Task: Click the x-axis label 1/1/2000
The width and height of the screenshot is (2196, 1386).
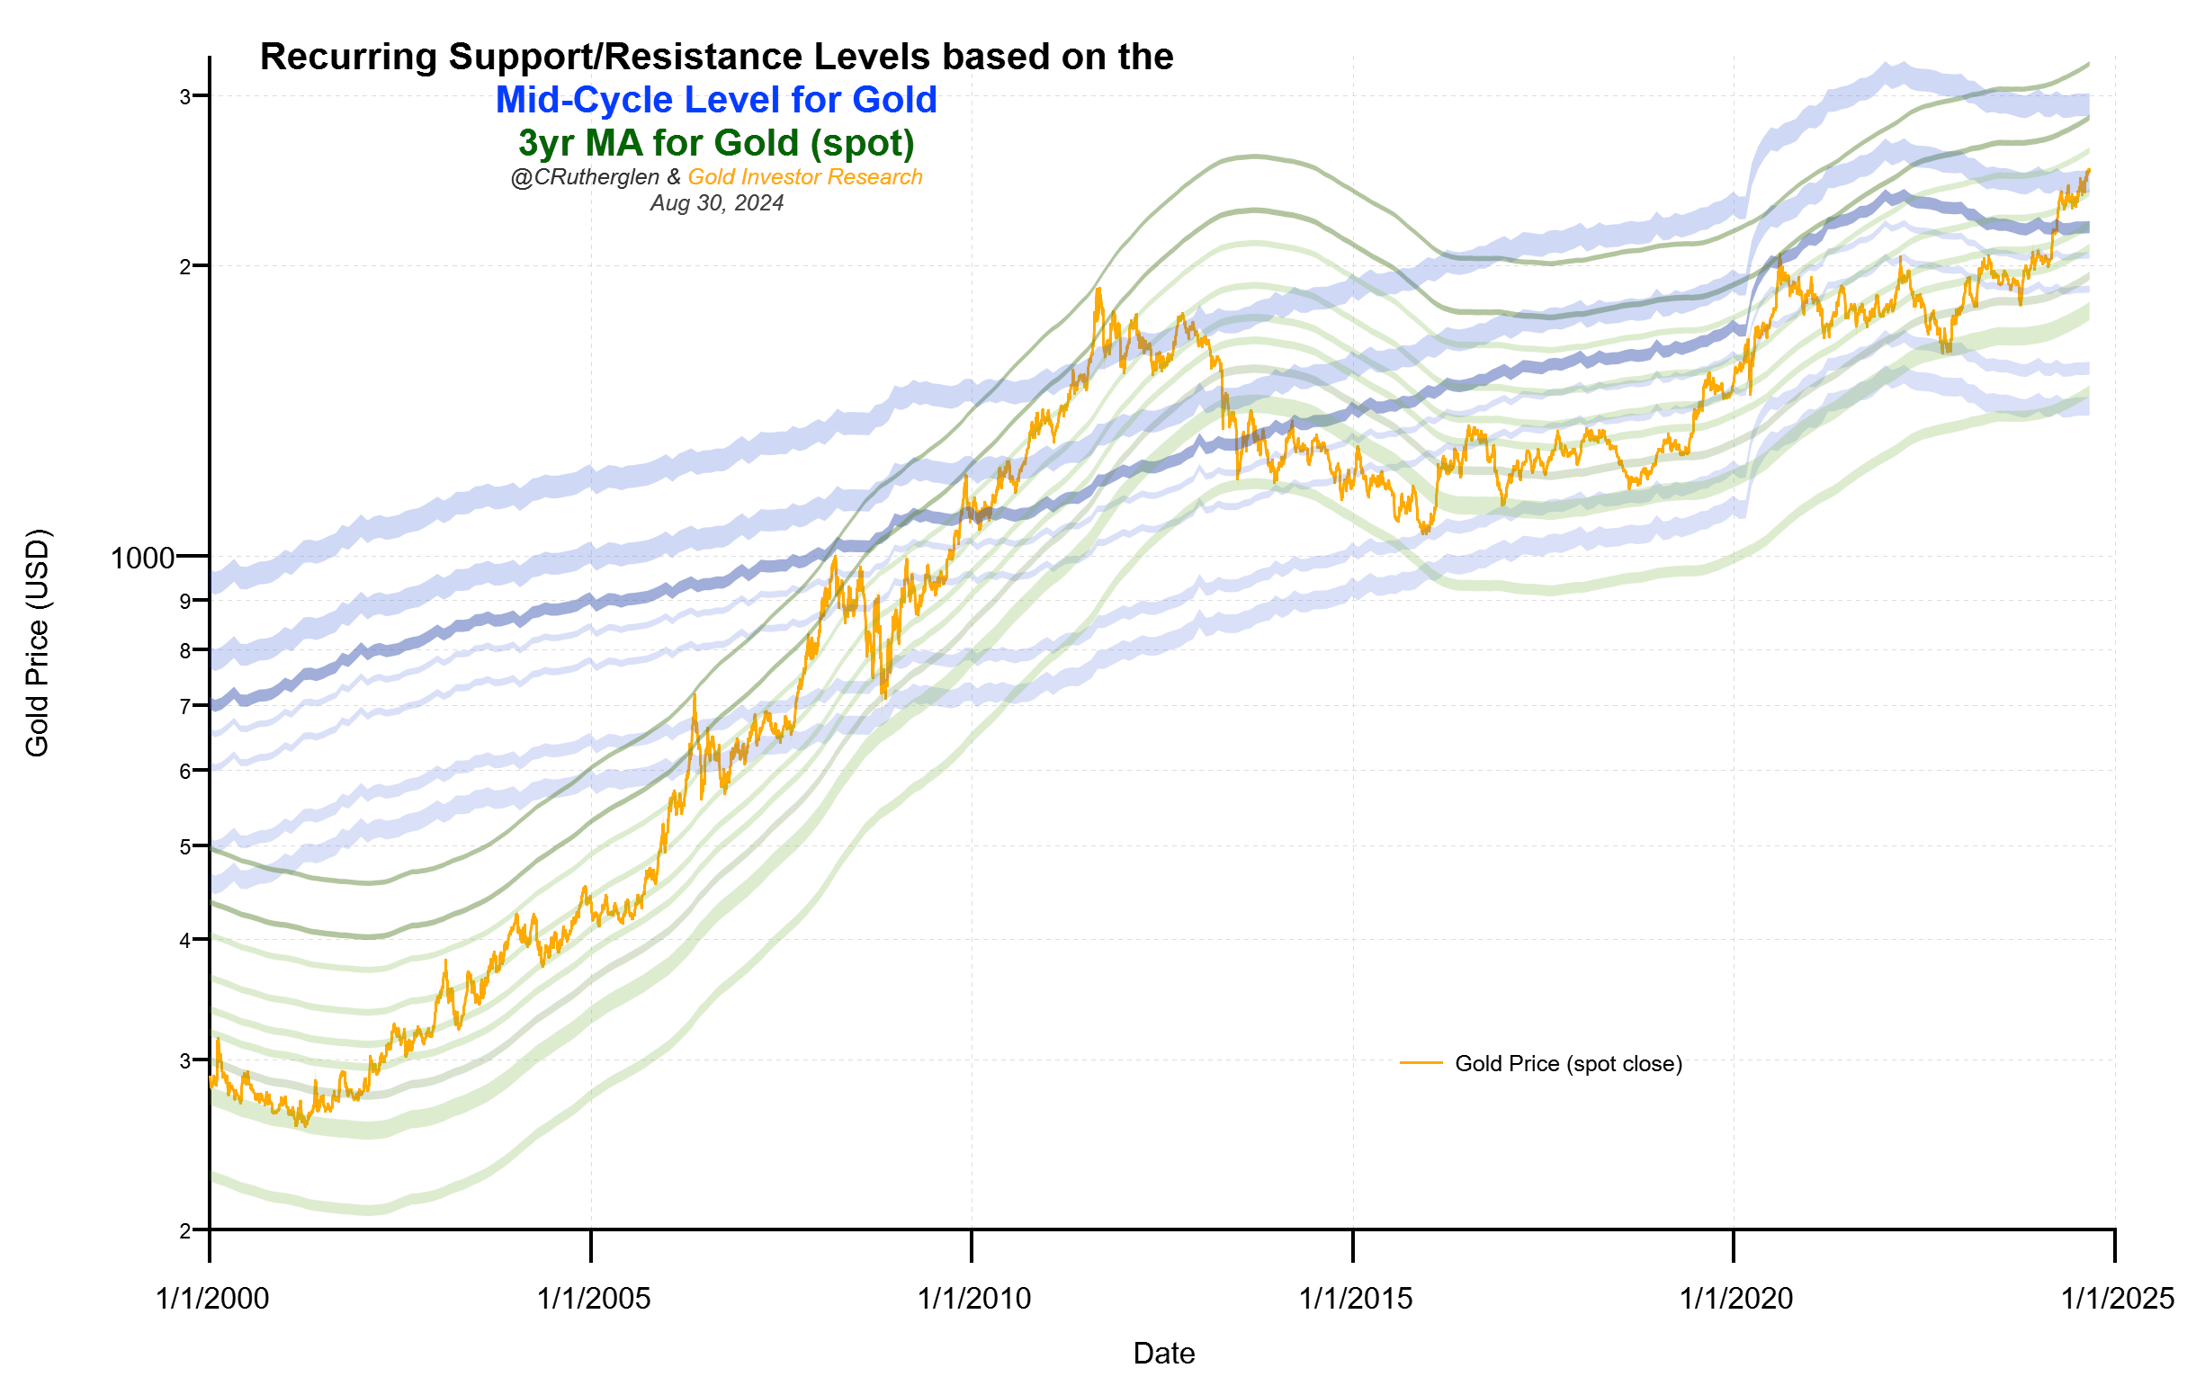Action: [x=212, y=1299]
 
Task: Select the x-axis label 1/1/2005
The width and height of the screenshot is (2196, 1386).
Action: [x=594, y=1299]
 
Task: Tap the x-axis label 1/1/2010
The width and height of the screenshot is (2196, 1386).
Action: [x=974, y=1299]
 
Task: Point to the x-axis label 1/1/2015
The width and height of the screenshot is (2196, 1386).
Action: [x=1355, y=1299]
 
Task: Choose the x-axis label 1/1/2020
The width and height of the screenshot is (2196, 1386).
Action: [x=1735, y=1299]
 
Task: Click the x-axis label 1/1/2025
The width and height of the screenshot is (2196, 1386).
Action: [x=2117, y=1299]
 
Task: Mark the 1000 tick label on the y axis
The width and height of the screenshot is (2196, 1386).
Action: [x=142, y=558]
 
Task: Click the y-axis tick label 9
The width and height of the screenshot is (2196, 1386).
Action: [x=185, y=601]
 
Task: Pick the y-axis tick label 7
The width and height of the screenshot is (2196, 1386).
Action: [x=185, y=707]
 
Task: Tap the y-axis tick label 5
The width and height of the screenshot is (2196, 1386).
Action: [x=185, y=847]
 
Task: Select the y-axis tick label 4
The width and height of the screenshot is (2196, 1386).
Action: [x=185, y=941]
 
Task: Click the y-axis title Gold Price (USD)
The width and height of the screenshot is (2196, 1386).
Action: [x=38, y=643]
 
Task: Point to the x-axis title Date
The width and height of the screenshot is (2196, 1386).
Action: [x=1163, y=1354]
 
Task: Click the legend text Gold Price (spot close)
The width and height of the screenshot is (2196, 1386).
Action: [x=1568, y=1064]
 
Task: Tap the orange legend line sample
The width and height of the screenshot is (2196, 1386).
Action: [x=1421, y=1063]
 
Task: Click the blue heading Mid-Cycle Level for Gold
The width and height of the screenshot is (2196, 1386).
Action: [x=716, y=100]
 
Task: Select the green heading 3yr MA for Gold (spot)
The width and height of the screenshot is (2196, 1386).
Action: [x=716, y=143]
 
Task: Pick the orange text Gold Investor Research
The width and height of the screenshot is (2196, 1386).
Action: [x=804, y=177]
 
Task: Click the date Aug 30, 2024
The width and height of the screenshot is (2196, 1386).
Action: [x=716, y=203]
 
